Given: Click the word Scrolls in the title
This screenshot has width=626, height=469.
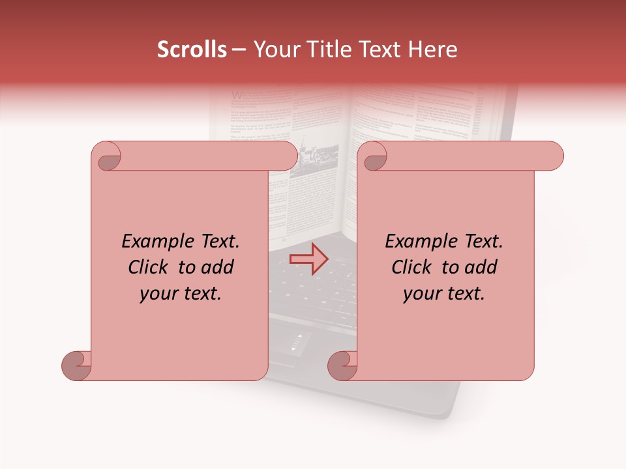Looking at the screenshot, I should click(x=192, y=50).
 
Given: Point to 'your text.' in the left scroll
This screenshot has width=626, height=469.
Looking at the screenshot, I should click(x=181, y=294).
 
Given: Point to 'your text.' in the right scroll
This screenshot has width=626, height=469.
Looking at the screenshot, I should click(x=444, y=294).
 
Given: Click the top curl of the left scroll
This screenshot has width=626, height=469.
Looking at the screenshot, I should click(x=108, y=157).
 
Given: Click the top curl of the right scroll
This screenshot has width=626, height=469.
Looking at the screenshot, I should click(x=374, y=157).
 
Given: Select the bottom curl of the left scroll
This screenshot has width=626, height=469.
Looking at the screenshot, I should click(x=77, y=365).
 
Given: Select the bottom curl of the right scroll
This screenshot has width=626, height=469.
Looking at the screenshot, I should click(x=343, y=365).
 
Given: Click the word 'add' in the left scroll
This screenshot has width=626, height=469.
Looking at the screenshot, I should click(x=216, y=268).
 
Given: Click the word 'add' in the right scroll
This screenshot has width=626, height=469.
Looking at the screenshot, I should click(x=480, y=268).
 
